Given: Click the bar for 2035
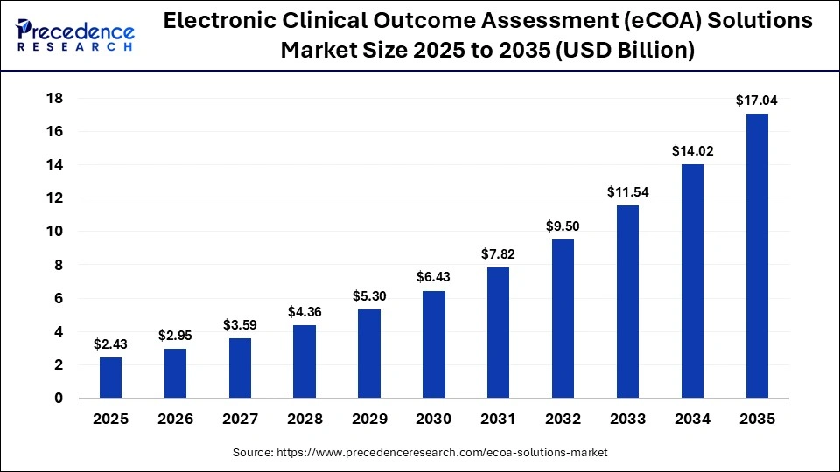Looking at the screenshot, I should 757,255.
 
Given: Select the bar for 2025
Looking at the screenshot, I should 111,378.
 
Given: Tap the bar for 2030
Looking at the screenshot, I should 434,344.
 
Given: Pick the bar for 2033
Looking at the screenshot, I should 627,302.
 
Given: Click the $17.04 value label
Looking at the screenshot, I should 757,101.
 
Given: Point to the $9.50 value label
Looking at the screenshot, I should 563,226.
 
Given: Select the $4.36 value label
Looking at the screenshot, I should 304,312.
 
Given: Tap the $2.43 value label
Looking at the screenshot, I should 111,344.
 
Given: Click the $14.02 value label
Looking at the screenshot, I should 692,150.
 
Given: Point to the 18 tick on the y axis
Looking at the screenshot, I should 54,98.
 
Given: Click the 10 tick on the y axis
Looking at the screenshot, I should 54,232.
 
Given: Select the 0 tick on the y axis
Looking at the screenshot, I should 59,399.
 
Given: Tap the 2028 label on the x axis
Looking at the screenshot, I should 304,420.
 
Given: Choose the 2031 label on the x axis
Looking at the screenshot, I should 499,420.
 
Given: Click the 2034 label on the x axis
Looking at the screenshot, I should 692,420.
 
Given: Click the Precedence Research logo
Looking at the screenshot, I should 75,36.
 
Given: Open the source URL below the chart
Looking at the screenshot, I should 420,453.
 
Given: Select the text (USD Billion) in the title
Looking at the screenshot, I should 627,51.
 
